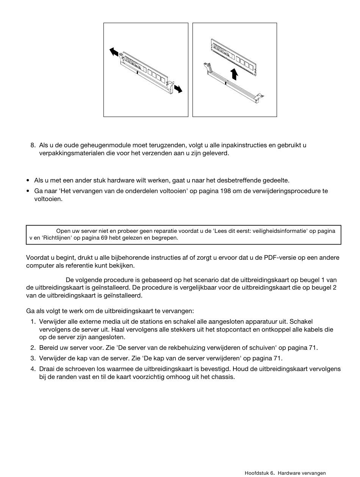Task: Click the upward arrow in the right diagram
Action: coord(235,74)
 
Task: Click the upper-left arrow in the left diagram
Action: coord(114,52)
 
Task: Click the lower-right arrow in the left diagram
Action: coord(178,89)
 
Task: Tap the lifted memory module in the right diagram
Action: coord(233,55)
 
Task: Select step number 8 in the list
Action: coord(33,145)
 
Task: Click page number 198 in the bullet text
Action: coord(225,191)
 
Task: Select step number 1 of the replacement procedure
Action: coord(33,321)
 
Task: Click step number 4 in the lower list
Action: coord(33,369)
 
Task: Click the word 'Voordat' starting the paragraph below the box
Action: coord(36,257)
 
